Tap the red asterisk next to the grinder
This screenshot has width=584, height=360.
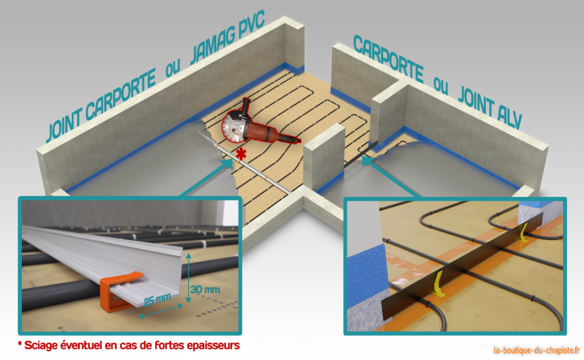click(241, 153)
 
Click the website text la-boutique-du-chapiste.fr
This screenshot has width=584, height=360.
click(536, 349)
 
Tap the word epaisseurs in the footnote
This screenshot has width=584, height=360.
click(212, 346)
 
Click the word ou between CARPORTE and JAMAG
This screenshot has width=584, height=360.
click(171, 71)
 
